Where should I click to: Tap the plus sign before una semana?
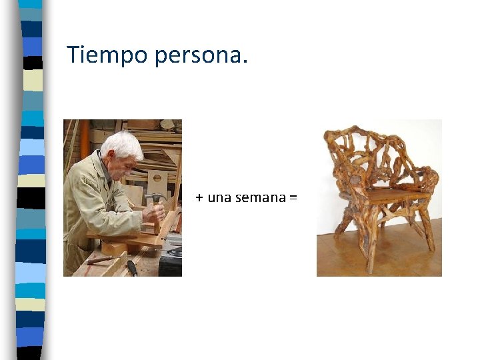[x=199, y=198]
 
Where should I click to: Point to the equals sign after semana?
[x=293, y=198]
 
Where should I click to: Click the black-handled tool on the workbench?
[x=132, y=267]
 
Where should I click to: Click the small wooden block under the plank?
[x=115, y=249]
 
